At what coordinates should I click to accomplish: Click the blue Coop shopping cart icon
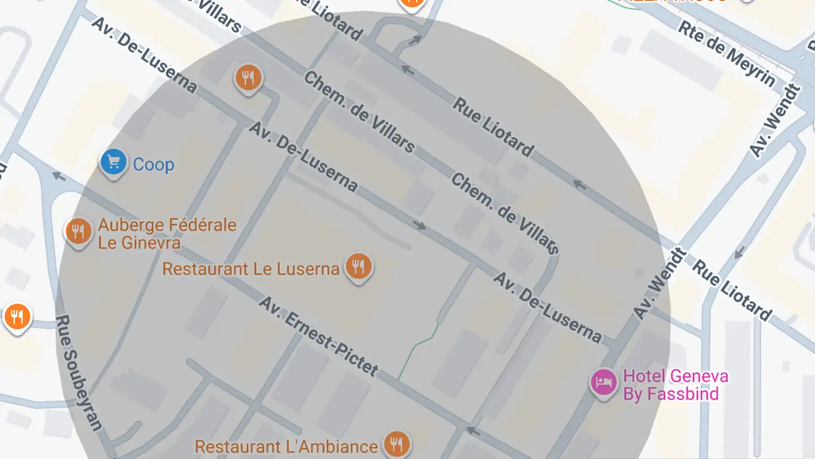(113, 163)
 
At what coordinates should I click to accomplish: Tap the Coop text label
(153, 165)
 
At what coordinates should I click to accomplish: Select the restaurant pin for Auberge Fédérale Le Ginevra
(79, 231)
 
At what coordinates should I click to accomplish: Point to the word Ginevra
(149, 243)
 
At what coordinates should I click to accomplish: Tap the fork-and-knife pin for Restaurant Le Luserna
(358, 266)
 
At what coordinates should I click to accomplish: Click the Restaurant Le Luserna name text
(250, 269)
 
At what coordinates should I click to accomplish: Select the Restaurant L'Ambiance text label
(286, 447)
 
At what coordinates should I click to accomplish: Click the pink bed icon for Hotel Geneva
(603, 381)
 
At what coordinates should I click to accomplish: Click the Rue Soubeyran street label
(80, 372)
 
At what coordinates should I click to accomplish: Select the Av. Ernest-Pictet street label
(318, 336)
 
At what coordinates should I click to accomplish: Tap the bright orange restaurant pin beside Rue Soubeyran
(18, 316)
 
